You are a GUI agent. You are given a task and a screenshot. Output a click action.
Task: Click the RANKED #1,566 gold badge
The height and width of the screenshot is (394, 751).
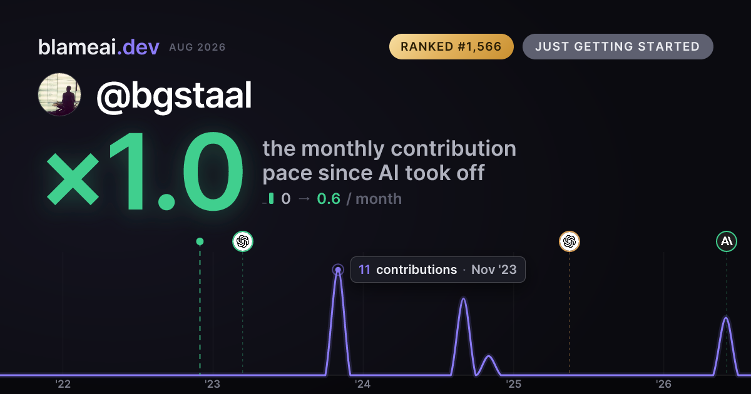point(451,46)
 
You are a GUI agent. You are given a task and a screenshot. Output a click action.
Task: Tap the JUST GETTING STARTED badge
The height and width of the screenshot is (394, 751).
point(618,46)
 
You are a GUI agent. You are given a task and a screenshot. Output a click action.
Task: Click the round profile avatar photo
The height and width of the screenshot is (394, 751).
point(59,94)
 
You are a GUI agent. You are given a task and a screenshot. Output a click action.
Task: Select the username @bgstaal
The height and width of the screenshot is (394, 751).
point(174,96)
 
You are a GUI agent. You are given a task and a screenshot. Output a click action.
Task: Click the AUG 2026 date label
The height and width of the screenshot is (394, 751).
point(197,48)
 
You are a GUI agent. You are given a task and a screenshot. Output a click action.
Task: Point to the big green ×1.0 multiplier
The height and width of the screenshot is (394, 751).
point(145,171)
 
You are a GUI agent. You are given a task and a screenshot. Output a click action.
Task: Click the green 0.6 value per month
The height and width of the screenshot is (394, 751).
point(329,199)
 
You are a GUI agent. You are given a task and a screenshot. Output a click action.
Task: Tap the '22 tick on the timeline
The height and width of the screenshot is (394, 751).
point(63,384)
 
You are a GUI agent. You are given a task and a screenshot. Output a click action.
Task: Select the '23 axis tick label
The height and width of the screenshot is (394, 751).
point(213,384)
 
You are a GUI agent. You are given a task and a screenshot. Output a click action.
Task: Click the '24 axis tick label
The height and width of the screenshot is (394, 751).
point(363,384)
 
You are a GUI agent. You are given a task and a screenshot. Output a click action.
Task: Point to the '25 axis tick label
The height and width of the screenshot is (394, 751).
point(513,384)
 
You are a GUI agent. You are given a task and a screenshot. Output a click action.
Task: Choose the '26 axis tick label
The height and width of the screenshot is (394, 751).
point(663,384)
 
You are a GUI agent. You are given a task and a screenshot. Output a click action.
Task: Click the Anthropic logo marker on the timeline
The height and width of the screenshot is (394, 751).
point(727,241)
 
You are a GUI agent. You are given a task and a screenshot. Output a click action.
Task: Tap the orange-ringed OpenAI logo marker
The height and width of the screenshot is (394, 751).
point(570,241)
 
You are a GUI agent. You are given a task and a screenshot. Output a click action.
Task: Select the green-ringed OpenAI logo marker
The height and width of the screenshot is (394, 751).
point(243,241)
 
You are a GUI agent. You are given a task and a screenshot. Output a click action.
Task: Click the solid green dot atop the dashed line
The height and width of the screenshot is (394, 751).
point(200,241)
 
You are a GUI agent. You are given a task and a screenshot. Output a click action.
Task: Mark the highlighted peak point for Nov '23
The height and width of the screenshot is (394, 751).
point(338,270)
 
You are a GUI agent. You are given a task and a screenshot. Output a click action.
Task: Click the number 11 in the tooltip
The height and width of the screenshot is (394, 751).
point(364,270)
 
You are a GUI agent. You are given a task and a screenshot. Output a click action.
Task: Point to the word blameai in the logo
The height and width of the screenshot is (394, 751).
point(77,47)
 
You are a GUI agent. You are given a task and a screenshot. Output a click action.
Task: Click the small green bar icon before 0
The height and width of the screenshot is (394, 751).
point(271,198)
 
